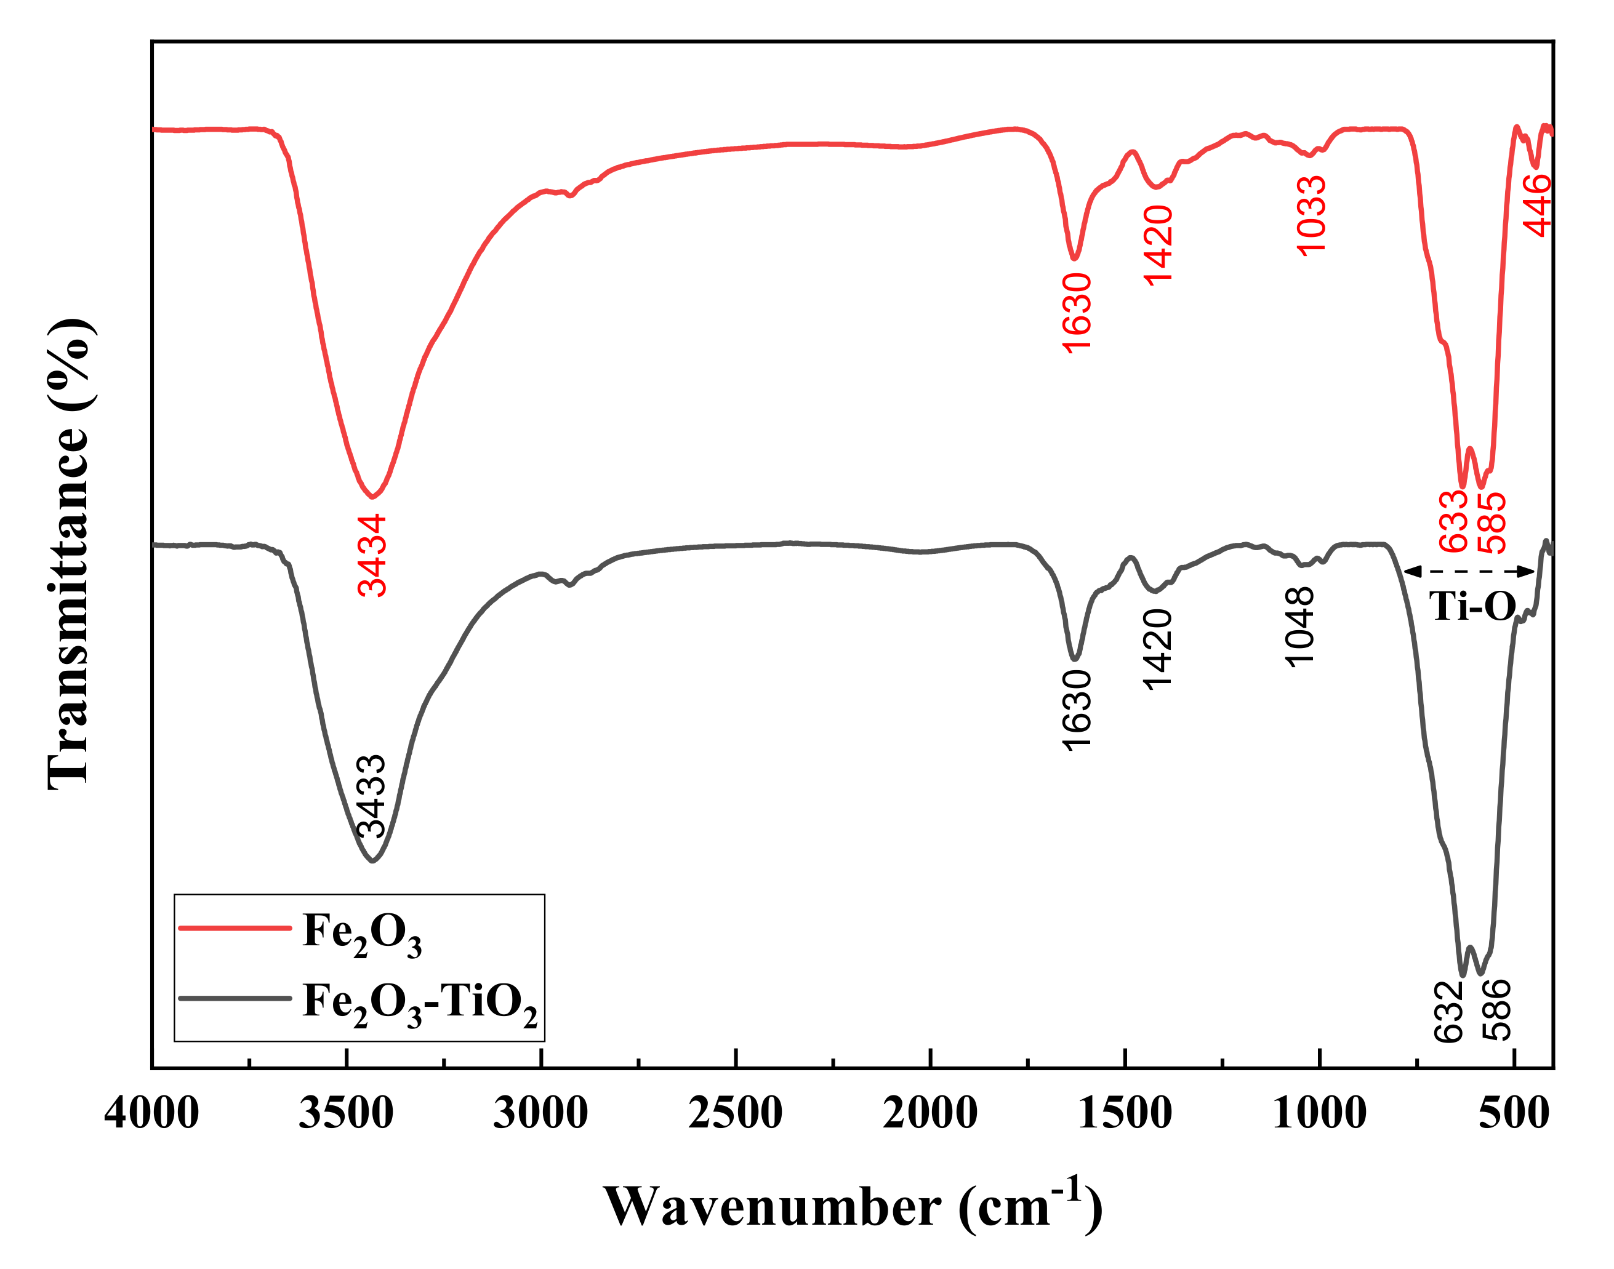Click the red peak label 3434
372,556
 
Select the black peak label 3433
371,796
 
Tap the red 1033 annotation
1310,215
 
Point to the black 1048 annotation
1299,627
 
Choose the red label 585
1492,523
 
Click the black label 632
1448,1011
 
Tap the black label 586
1496,1010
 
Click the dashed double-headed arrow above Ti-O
1470,571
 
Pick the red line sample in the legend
235,928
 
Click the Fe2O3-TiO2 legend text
420,1003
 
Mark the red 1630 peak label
1077,313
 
